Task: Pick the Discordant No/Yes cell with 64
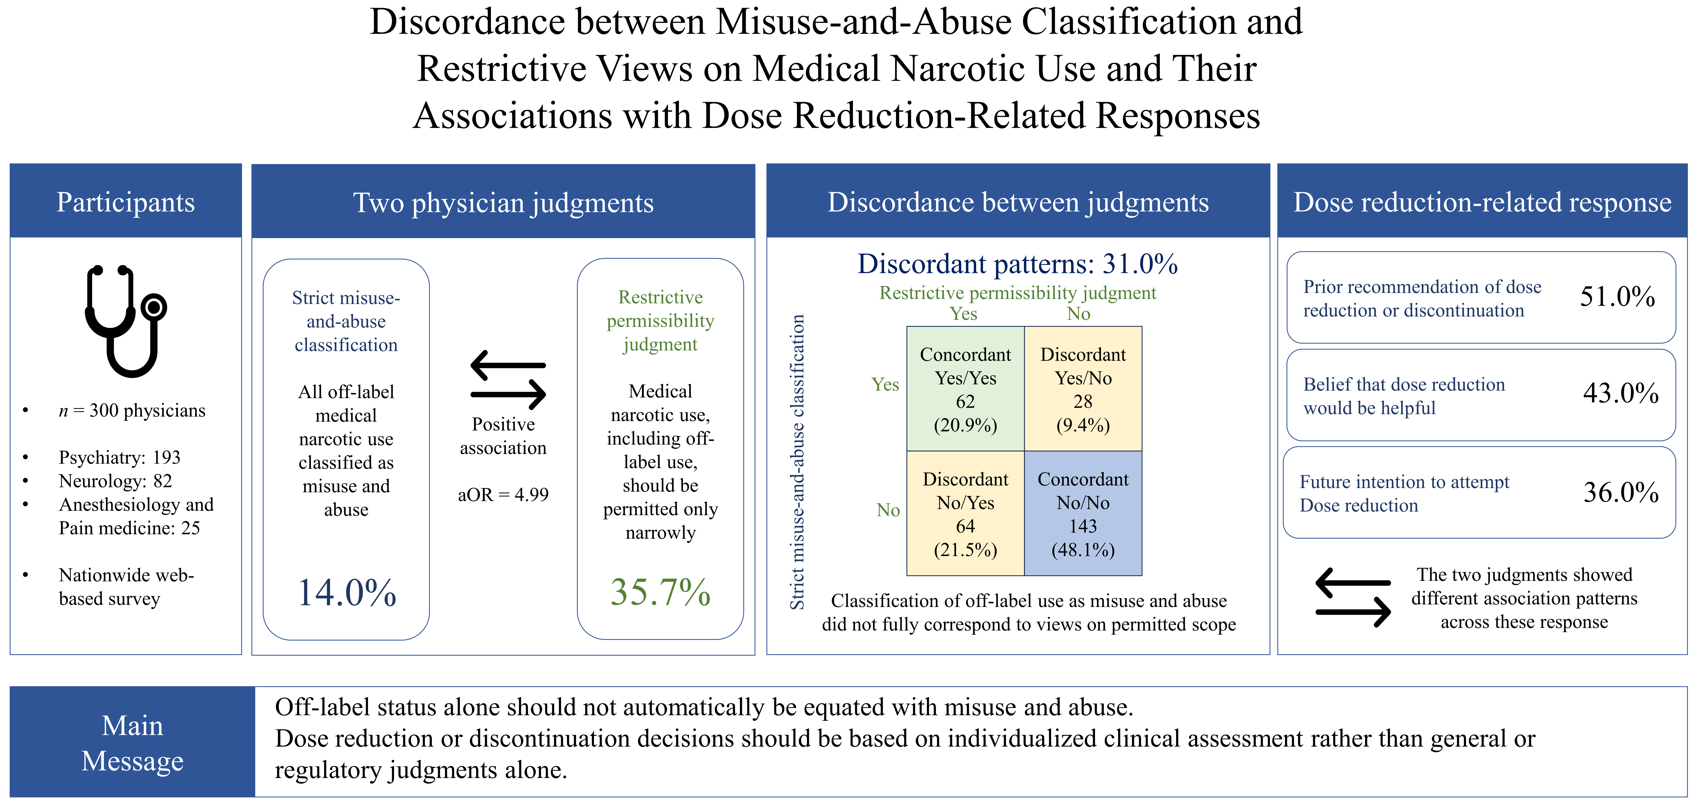[x=965, y=513]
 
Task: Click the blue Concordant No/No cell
[x=1083, y=513]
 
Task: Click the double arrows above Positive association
[x=508, y=379]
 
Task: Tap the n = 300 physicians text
[x=132, y=410]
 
